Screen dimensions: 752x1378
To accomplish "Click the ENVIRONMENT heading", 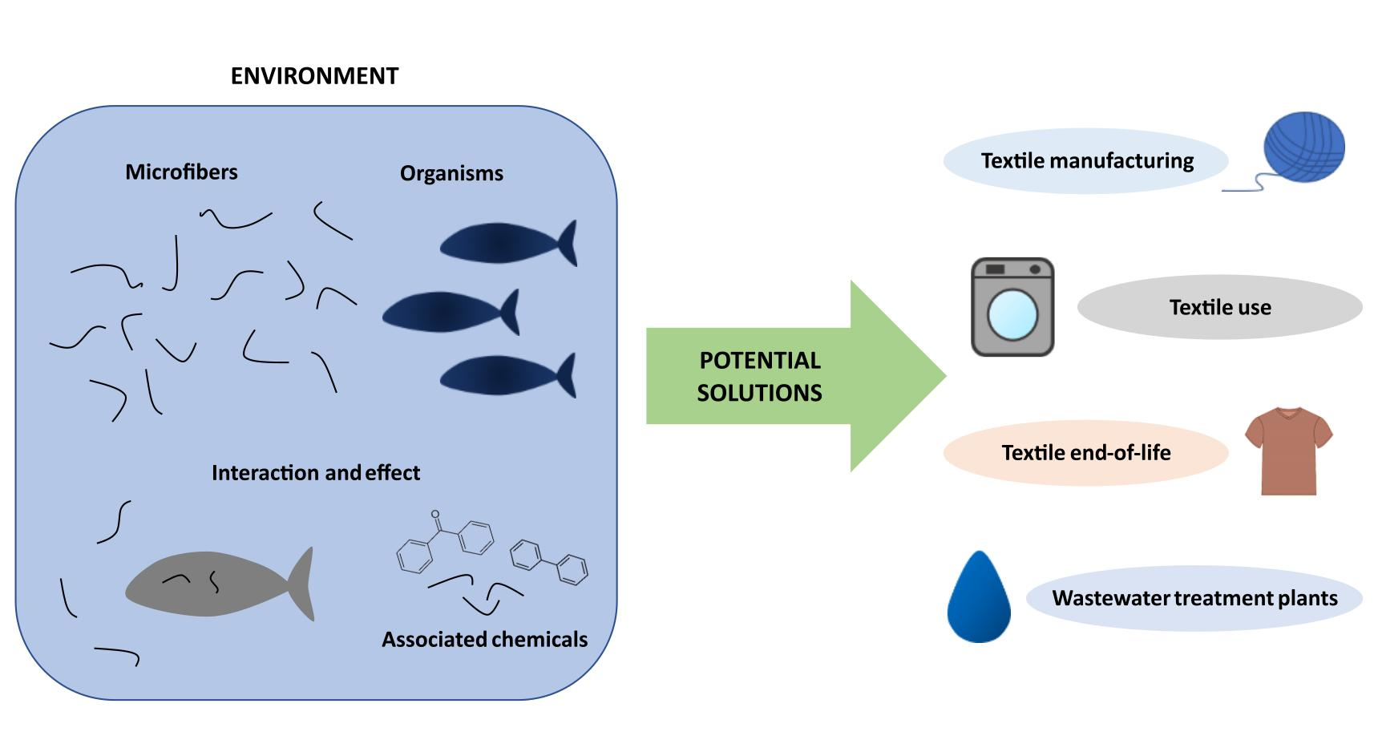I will [x=314, y=76].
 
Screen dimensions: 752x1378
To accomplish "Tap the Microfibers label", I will [x=181, y=172].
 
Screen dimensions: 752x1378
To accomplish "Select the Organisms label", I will [x=451, y=174].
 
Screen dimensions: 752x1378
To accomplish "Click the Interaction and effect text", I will [x=315, y=473].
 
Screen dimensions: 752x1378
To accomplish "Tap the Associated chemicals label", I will [x=484, y=640].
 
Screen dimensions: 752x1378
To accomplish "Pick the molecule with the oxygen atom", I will [x=445, y=542].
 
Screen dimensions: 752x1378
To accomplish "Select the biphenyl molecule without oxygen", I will [x=549, y=562].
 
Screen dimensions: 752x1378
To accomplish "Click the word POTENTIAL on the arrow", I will [x=760, y=361].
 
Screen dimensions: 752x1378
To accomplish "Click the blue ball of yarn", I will [x=1303, y=148].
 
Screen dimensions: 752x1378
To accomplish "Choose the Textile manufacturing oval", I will [x=1086, y=161].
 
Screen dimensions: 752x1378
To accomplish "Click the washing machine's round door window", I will [x=1012, y=314].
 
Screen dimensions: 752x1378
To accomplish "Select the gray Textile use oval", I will [x=1219, y=308].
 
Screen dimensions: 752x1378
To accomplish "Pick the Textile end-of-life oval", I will [x=1085, y=453].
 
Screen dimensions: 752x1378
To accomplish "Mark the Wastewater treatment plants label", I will [x=1194, y=599].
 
